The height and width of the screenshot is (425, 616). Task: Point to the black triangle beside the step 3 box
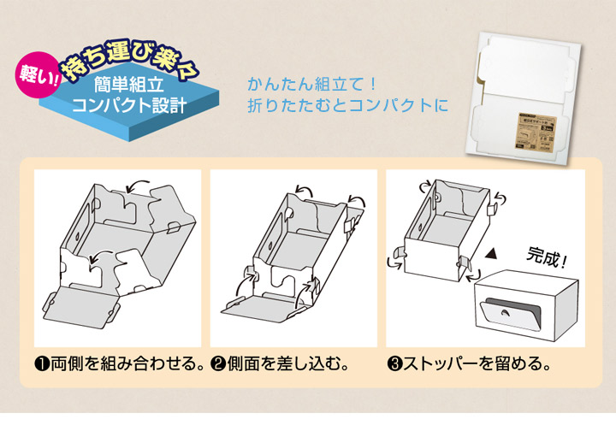(x=492, y=254)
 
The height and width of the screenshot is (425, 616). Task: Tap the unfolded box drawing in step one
(x=117, y=248)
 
